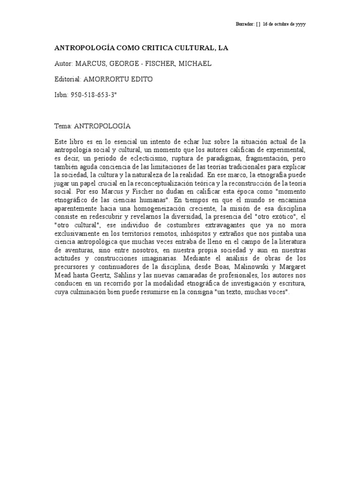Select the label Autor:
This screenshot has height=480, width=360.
(63, 63)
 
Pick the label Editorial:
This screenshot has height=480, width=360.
(68, 79)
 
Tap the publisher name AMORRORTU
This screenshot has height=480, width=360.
(111, 79)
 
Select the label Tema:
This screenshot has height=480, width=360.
(63, 126)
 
